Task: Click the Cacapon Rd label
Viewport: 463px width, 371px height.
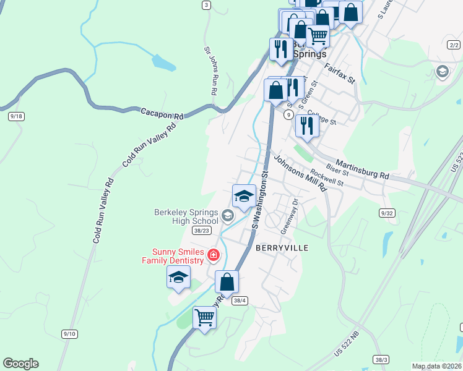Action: click(x=162, y=114)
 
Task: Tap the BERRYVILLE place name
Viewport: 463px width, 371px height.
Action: click(x=282, y=247)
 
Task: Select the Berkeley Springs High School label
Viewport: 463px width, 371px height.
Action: click(x=186, y=216)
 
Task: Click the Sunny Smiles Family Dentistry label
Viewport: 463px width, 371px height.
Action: click(x=178, y=256)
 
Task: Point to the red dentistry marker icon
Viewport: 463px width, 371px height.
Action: click(x=214, y=255)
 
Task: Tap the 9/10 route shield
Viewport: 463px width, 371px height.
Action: click(x=69, y=334)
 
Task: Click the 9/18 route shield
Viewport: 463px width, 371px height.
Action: click(x=16, y=116)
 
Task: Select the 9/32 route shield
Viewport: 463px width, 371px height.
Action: click(x=387, y=213)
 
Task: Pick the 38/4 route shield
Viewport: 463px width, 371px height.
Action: click(x=240, y=301)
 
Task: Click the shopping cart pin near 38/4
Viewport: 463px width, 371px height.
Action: click(x=204, y=318)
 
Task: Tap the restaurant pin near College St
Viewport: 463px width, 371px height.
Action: click(x=306, y=126)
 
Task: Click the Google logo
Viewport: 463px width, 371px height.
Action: click(x=20, y=364)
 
